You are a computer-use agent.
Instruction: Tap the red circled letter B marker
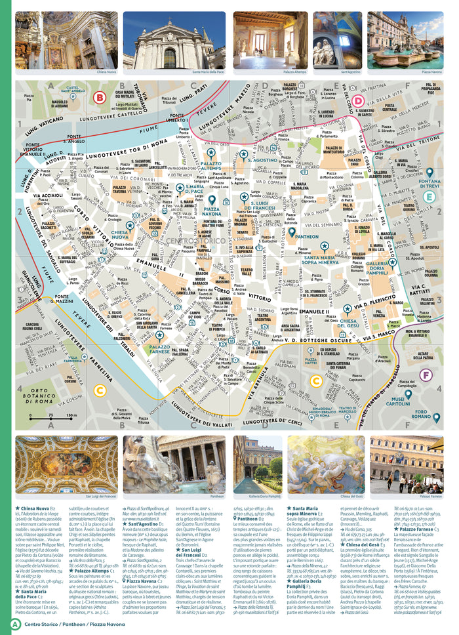[x=100, y=98]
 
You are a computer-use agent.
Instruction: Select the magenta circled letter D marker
[x=358, y=101]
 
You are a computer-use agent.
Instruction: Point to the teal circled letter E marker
[x=429, y=196]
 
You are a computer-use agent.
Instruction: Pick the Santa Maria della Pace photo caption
[x=210, y=72]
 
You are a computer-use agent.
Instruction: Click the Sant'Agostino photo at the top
[x=337, y=39]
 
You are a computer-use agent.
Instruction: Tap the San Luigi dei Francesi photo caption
[x=105, y=497]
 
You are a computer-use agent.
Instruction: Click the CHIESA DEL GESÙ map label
[x=351, y=322]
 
